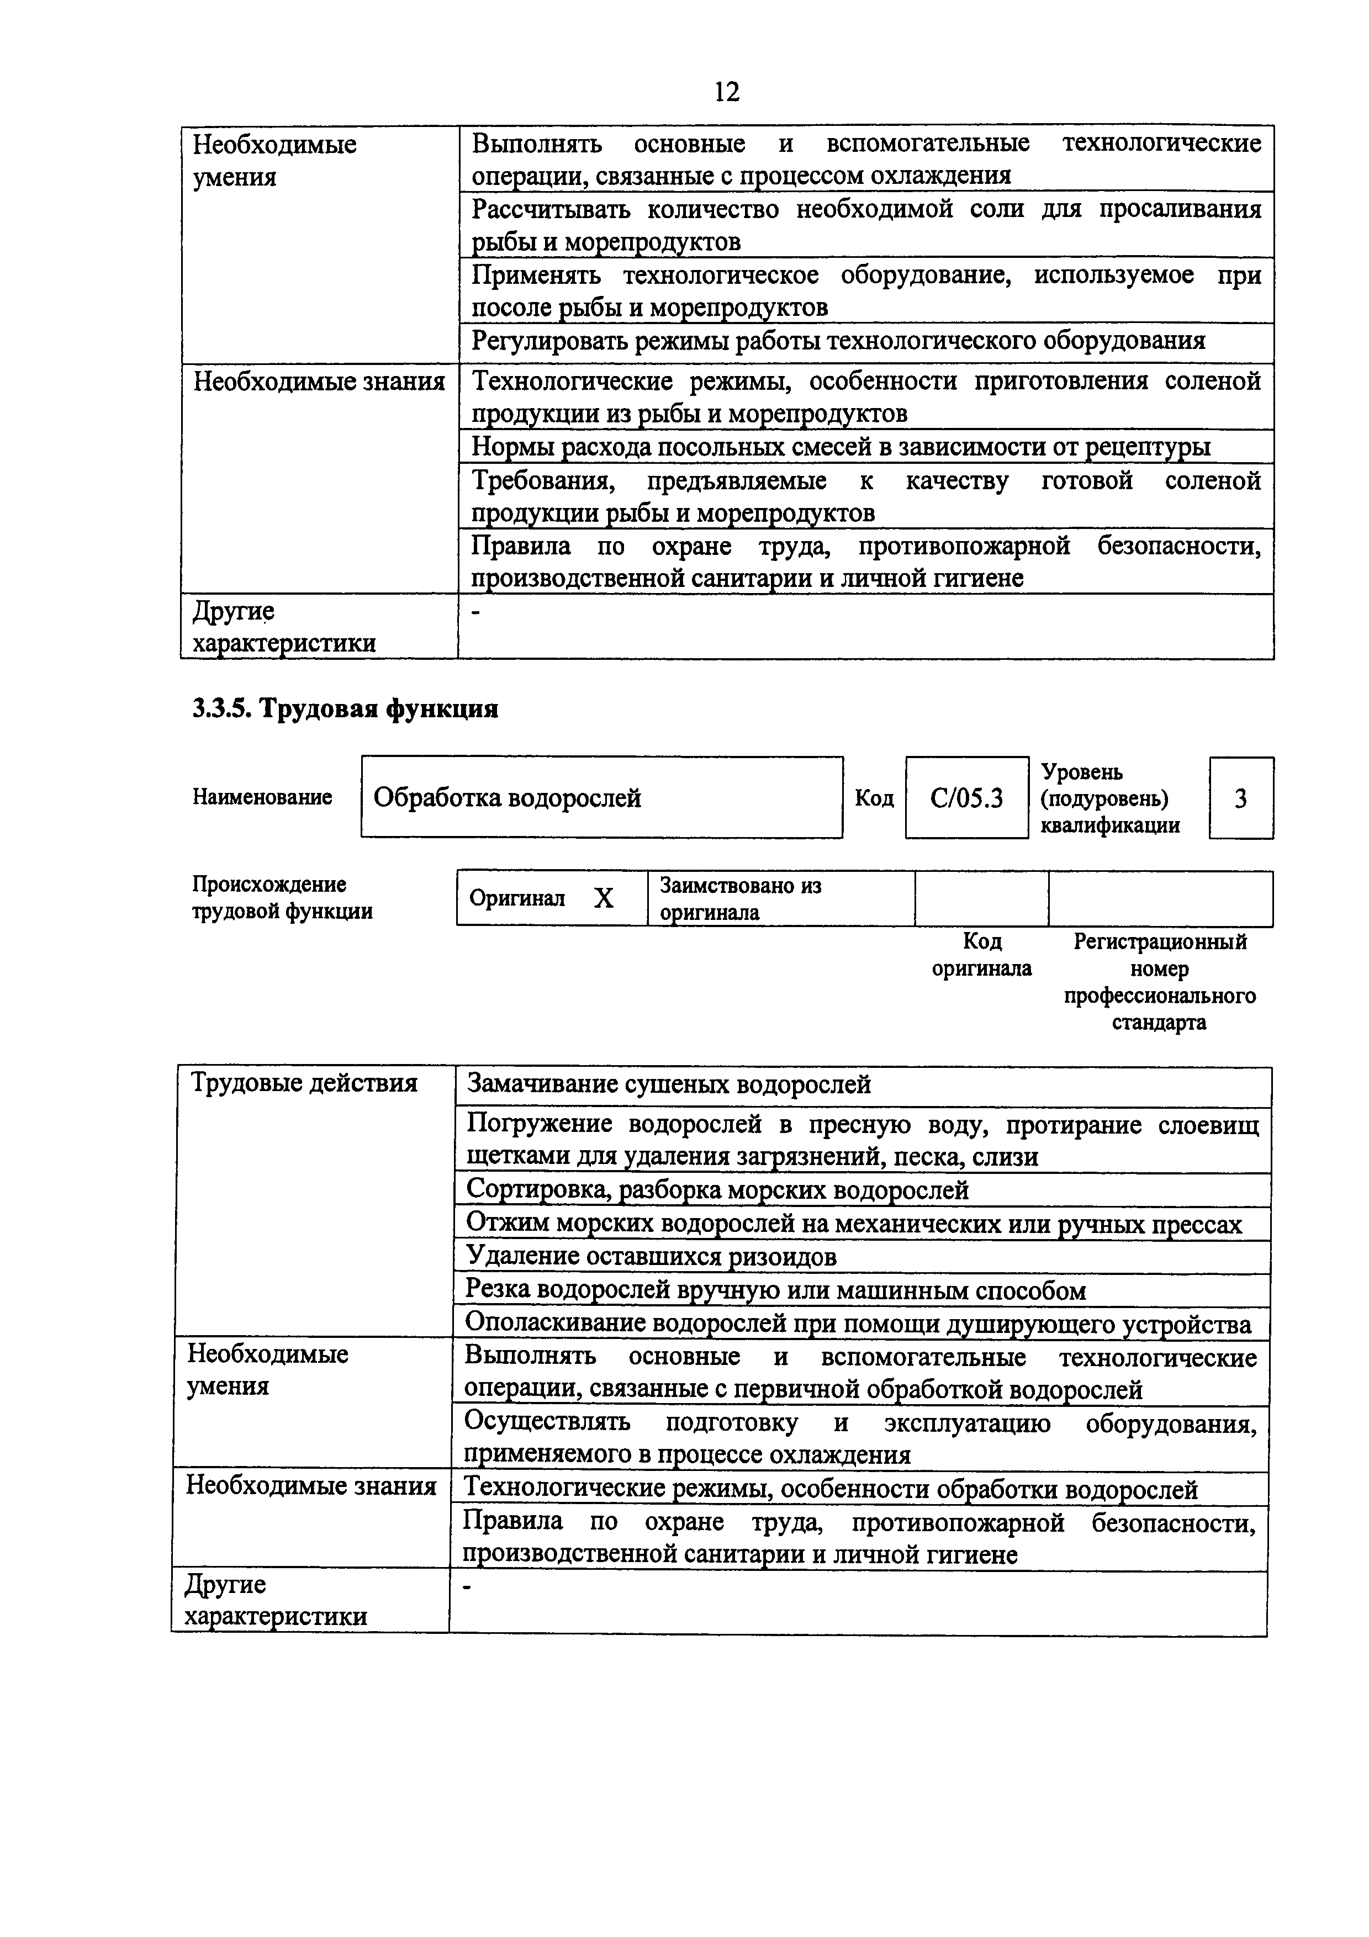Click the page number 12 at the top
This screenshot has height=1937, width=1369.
click(x=726, y=91)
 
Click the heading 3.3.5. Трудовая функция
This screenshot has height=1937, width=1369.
click(x=345, y=708)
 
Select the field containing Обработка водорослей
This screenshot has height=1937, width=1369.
click(x=601, y=797)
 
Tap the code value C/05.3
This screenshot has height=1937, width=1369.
click(x=966, y=798)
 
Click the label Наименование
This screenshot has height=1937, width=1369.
click(x=262, y=797)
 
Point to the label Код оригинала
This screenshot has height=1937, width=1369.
click(x=982, y=955)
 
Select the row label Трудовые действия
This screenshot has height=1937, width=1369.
click(x=304, y=1083)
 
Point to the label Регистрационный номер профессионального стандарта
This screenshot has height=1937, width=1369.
click(x=1159, y=982)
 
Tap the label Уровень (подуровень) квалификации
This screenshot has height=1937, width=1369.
click(x=1109, y=798)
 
